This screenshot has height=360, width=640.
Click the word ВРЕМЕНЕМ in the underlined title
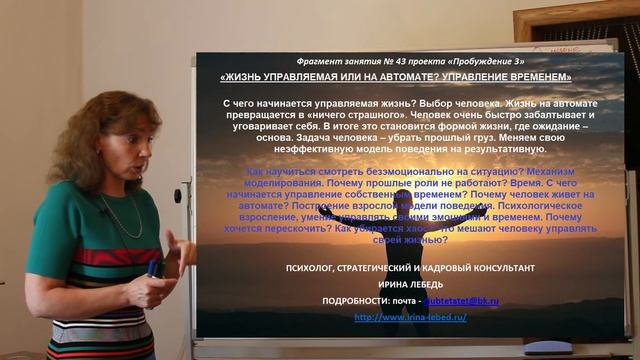pos(538,77)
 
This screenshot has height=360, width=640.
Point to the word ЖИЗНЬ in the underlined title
pos(246,77)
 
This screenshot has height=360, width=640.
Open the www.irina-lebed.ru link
pos(410,317)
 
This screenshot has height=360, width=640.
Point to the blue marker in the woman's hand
pos(152,268)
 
